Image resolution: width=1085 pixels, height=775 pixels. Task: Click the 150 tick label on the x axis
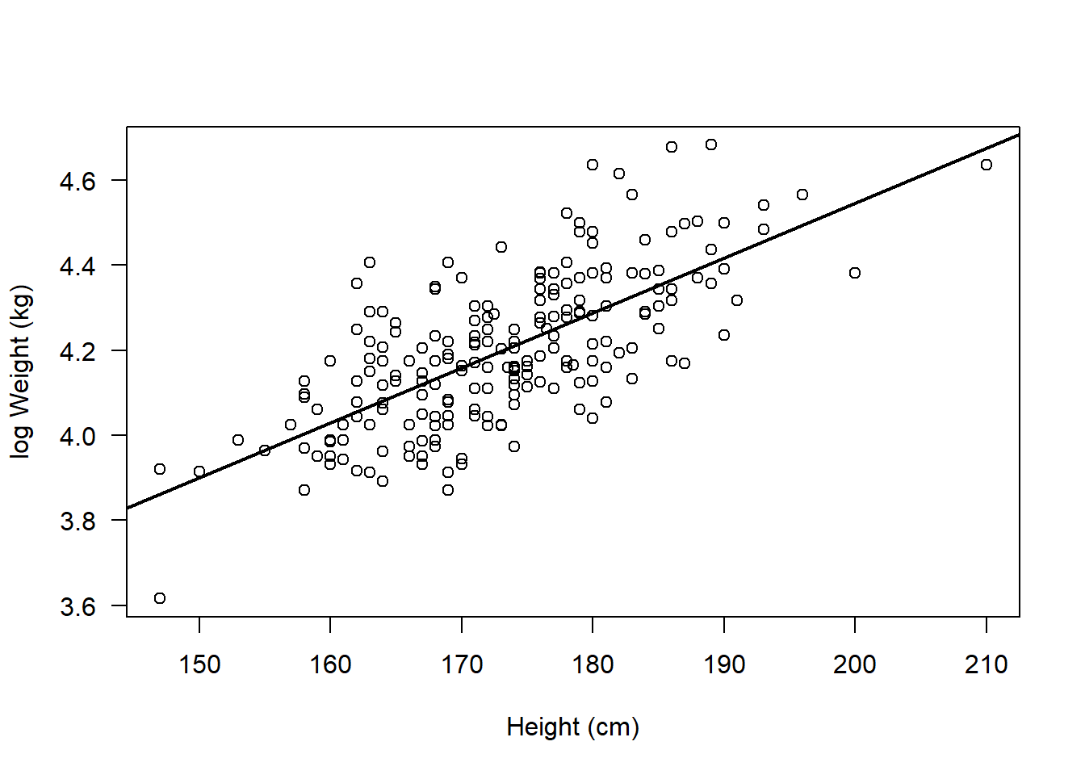coord(199,664)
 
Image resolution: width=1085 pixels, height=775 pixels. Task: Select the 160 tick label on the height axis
coord(330,664)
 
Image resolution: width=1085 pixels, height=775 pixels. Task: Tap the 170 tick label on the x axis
coord(462,664)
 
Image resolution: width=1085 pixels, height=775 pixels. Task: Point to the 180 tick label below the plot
coord(593,664)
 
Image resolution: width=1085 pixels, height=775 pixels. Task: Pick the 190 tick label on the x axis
coord(724,664)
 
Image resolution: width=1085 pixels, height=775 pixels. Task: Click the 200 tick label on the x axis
coord(855,664)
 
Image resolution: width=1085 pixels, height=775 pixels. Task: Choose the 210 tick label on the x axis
coord(986,664)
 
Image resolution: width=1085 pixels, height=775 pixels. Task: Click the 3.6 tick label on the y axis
coord(77,606)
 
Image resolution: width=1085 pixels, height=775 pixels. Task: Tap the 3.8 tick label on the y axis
coord(77,522)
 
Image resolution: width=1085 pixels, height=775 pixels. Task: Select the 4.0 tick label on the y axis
coord(77,436)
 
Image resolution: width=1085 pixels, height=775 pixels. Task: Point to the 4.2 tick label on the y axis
coord(77,351)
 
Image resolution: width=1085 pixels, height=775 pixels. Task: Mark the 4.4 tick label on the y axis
coord(77,266)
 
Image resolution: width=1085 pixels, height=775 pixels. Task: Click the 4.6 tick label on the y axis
coord(77,181)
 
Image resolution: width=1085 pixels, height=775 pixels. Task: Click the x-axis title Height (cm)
coord(572,727)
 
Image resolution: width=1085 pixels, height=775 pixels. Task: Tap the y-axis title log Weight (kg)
coord(21,371)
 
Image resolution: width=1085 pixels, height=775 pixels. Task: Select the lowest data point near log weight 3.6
coord(160,598)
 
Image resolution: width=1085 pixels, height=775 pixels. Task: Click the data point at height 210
coord(986,165)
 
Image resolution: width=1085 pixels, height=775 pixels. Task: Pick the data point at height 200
coord(855,273)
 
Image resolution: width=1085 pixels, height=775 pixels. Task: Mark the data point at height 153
coord(238,440)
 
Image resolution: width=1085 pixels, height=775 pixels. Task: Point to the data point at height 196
coord(802,195)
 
